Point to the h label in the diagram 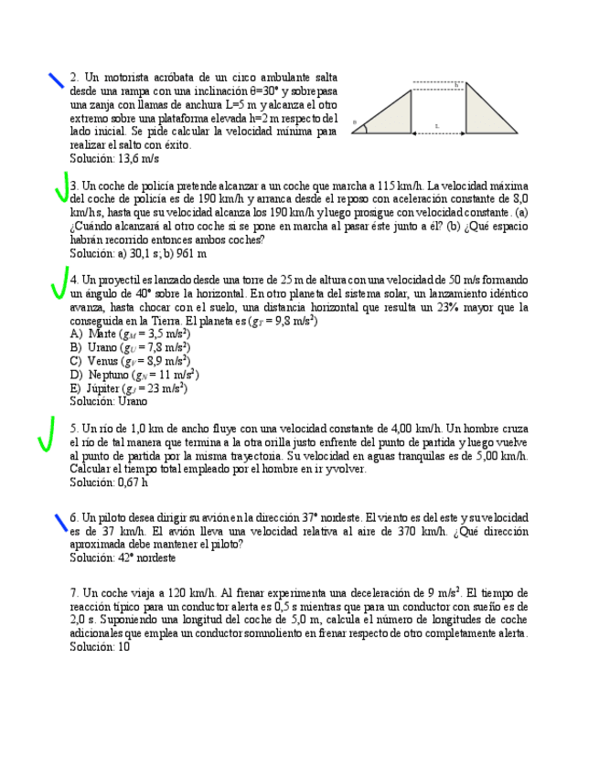pos(456,85)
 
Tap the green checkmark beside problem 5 pos(45,433)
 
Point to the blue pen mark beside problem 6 pos(60,522)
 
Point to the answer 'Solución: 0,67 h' pos(108,483)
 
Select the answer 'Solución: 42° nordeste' pos(123,557)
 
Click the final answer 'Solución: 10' pos(99,647)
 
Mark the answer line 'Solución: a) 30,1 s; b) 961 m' pos(137,253)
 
